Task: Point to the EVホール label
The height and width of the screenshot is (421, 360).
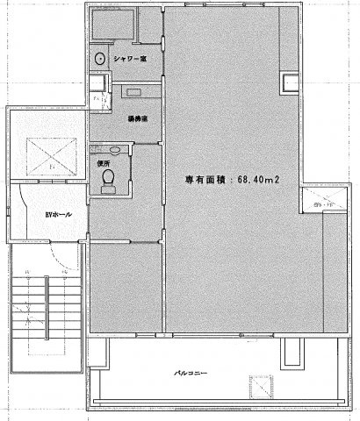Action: click(35, 213)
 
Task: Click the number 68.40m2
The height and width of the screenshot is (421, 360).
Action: click(252, 181)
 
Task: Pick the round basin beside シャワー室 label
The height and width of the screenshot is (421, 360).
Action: click(101, 60)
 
